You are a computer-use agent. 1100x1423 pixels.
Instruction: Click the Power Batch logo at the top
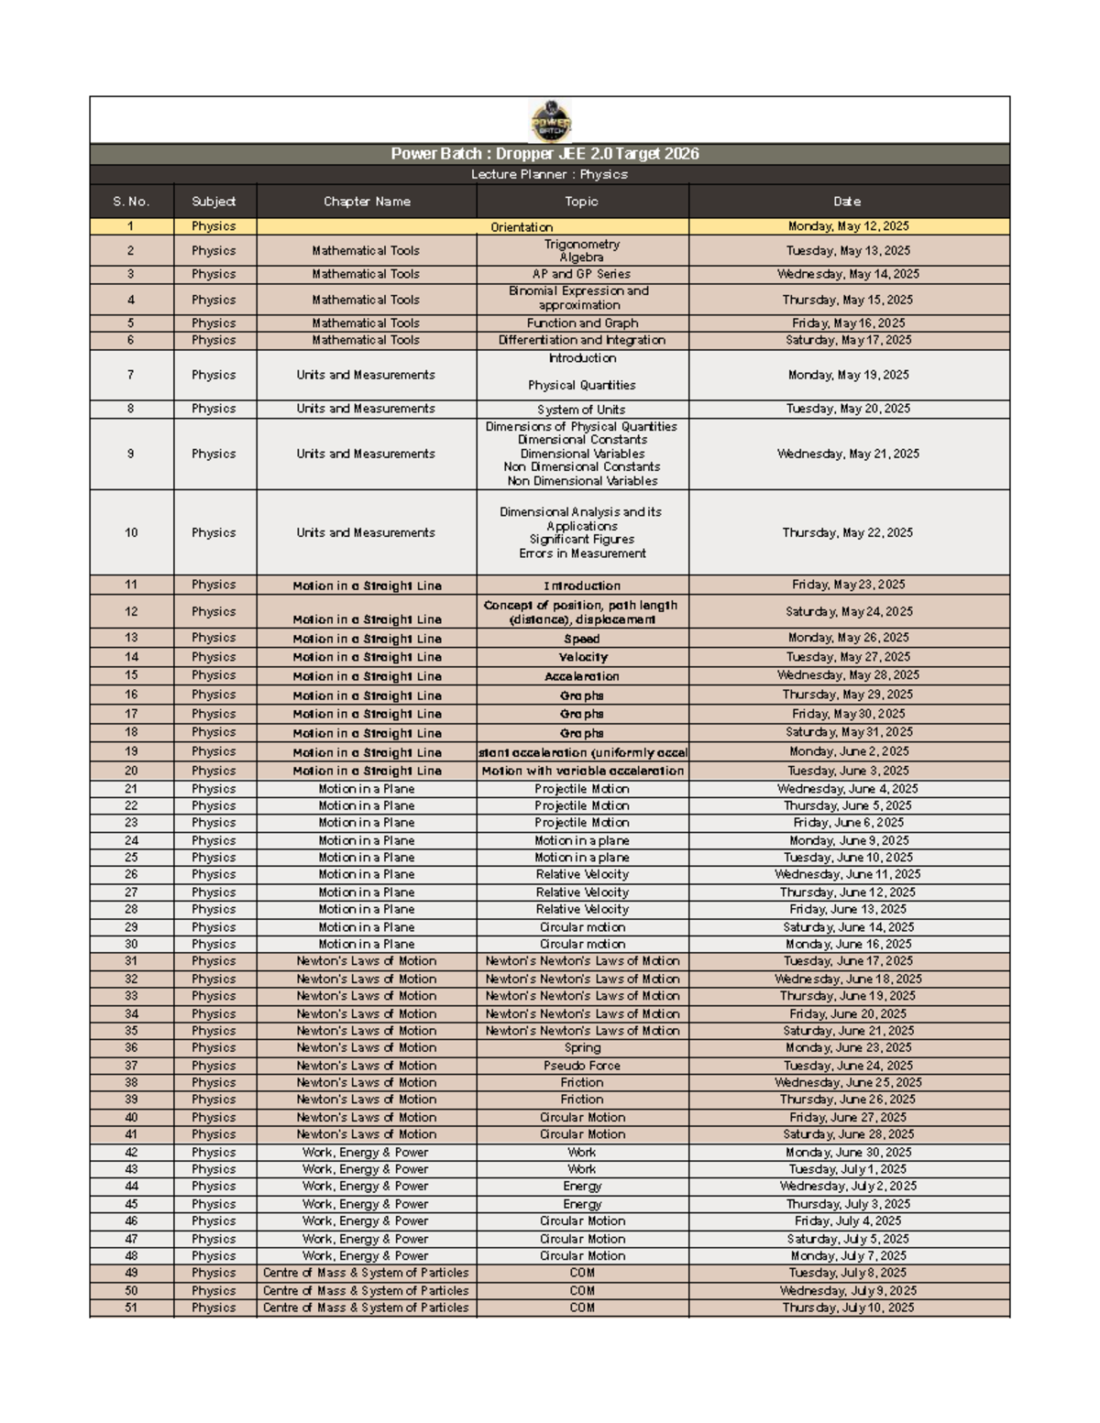point(550,121)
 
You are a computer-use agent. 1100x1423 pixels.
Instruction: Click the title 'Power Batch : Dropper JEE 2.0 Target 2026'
point(544,154)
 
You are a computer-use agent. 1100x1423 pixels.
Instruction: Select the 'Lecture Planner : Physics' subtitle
point(549,174)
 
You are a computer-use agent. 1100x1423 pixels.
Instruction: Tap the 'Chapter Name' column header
point(367,202)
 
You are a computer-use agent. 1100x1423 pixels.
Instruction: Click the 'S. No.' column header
point(131,202)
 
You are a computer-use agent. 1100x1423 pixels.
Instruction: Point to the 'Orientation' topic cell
point(522,227)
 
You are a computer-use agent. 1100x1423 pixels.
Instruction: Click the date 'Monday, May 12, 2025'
point(848,226)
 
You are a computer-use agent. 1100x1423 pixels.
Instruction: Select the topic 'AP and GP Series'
point(581,274)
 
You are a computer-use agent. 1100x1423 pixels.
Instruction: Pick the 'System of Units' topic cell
point(581,410)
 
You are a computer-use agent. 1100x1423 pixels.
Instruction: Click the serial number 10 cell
point(131,532)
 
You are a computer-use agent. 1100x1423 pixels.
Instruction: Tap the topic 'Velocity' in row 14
point(582,657)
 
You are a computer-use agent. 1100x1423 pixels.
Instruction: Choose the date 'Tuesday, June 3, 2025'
point(848,771)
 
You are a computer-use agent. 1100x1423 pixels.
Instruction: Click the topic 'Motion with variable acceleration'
point(582,771)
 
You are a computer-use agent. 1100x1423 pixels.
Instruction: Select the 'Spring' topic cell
point(582,1048)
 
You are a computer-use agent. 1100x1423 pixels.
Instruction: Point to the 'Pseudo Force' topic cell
point(582,1066)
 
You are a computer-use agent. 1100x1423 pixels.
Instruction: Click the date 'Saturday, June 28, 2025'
point(848,1134)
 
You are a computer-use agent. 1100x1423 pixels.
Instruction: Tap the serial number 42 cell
point(131,1153)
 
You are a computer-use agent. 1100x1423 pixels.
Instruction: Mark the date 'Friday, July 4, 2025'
point(848,1221)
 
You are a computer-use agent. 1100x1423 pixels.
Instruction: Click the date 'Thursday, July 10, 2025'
point(848,1308)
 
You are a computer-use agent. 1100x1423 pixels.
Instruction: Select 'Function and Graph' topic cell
point(582,323)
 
